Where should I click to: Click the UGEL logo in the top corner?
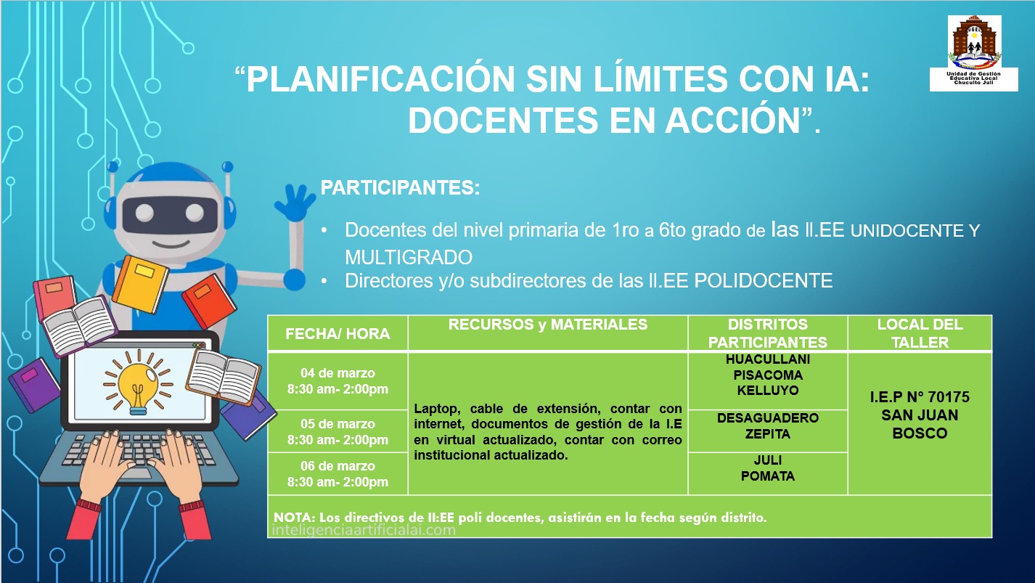tap(975, 53)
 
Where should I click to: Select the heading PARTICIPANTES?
tap(400, 187)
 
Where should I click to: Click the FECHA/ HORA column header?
tap(337, 334)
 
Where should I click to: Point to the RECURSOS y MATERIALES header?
tap(548, 325)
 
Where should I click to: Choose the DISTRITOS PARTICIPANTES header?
tap(767, 333)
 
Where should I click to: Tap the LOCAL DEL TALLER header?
tap(920, 333)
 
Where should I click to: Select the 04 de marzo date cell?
tap(337, 381)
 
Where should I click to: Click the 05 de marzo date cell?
tap(337, 431)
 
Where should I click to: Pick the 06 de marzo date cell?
tap(337, 473)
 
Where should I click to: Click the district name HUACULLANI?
tap(767, 359)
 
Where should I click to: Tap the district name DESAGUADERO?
tap(767, 418)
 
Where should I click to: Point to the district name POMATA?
tap(767, 476)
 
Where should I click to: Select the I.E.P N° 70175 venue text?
tap(920, 397)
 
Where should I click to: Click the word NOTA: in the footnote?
tap(292, 518)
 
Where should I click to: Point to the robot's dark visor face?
tap(169, 213)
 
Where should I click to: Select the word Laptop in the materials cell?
tap(434, 409)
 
